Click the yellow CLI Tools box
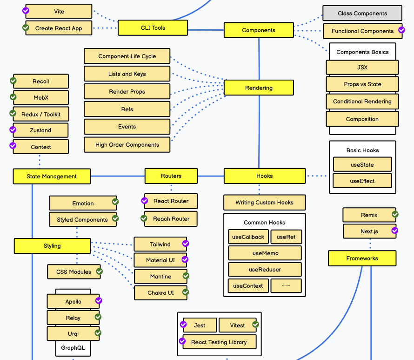(153, 28)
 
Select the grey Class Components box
(362, 14)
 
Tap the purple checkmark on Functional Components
(401, 30)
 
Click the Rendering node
(259, 88)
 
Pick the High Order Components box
(127, 145)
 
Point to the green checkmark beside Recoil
(13, 81)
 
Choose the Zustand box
(40, 130)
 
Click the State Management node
(52, 177)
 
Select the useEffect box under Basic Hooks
(362, 181)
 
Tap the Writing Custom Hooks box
(264, 203)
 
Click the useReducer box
(265, 270)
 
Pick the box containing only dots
(286, 286)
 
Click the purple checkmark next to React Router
(145, 201)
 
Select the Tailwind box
(160, 245)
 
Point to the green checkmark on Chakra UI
(186, 292)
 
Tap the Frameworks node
(362, 258)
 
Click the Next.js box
(369, 231)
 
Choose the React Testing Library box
(219, 342)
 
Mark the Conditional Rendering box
(362, 102)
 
